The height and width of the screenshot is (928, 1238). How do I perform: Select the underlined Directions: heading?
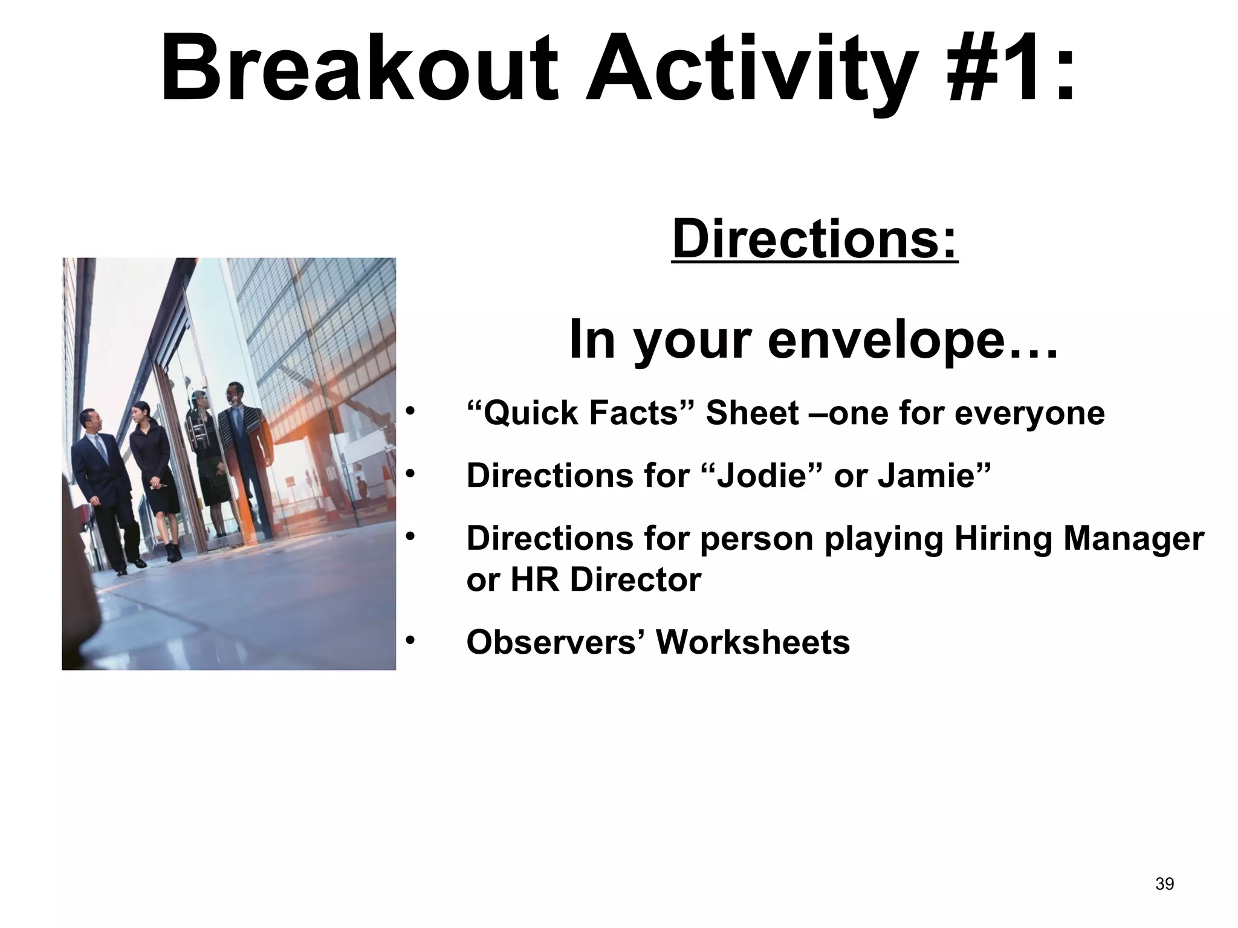coord(814,239)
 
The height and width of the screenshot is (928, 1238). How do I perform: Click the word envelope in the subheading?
coord(912,340)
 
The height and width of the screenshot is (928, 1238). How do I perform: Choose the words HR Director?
coord(606,579)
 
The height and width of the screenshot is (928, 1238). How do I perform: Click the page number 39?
coord(1164,884)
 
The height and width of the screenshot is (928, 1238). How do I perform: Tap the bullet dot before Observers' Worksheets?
coord(411,640)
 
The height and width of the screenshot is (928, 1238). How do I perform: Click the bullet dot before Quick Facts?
coord(411,412)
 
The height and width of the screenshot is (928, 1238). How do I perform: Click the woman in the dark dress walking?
coord(154,477)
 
